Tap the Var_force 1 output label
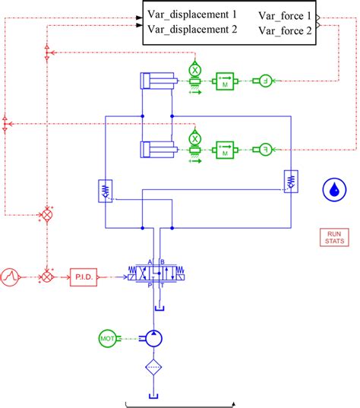pyautogui.click(x=285, y=15)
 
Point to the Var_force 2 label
pyautogui.click(x=285, y=30)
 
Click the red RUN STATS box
pyautogui.click(x=334, y=237)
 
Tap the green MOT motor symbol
pyautogui.click(x=108, y=337)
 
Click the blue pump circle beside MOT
pyautogui.click(x=154, y=337)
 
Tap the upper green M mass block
pyautogui.click(x=226, y=81)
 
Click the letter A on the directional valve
pyautogui.click(x=150, y=262)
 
